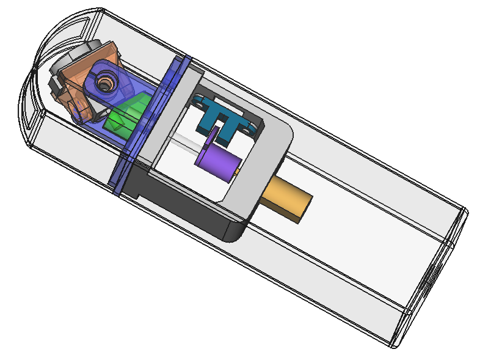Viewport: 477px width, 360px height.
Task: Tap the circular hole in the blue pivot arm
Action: tap(105, 80)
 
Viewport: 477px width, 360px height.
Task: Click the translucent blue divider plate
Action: tap(147, 122)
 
